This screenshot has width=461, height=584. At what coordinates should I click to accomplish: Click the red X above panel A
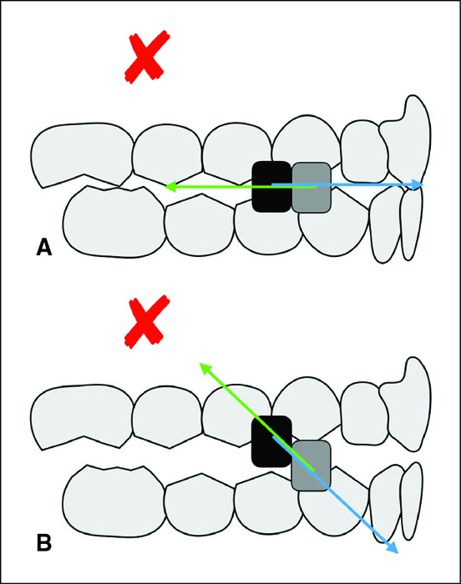(147, 57)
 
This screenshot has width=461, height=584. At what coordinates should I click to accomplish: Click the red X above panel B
(147, 321)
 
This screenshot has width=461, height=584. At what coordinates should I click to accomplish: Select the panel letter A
(44, 247)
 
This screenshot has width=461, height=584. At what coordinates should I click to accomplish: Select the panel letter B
(44, 542)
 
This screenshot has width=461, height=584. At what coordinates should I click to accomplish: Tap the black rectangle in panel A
(271, 187)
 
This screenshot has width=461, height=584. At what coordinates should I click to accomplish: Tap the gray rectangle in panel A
(312, 188)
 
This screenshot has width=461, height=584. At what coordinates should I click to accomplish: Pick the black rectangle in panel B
(271, 441)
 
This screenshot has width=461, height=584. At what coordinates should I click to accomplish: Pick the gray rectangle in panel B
(311, 466)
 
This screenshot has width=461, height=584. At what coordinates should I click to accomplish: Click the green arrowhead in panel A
(170, 187)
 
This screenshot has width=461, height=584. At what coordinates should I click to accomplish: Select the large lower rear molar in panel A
(114, 222)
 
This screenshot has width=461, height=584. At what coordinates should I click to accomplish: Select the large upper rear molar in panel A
(82, 153)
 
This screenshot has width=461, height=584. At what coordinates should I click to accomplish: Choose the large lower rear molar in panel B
(114, 501)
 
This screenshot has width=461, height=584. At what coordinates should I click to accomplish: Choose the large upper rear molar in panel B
(82, 416)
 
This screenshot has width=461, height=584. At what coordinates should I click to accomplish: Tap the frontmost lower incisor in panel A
(411, 223)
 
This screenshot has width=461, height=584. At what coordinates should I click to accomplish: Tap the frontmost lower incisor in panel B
(411, 501)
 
